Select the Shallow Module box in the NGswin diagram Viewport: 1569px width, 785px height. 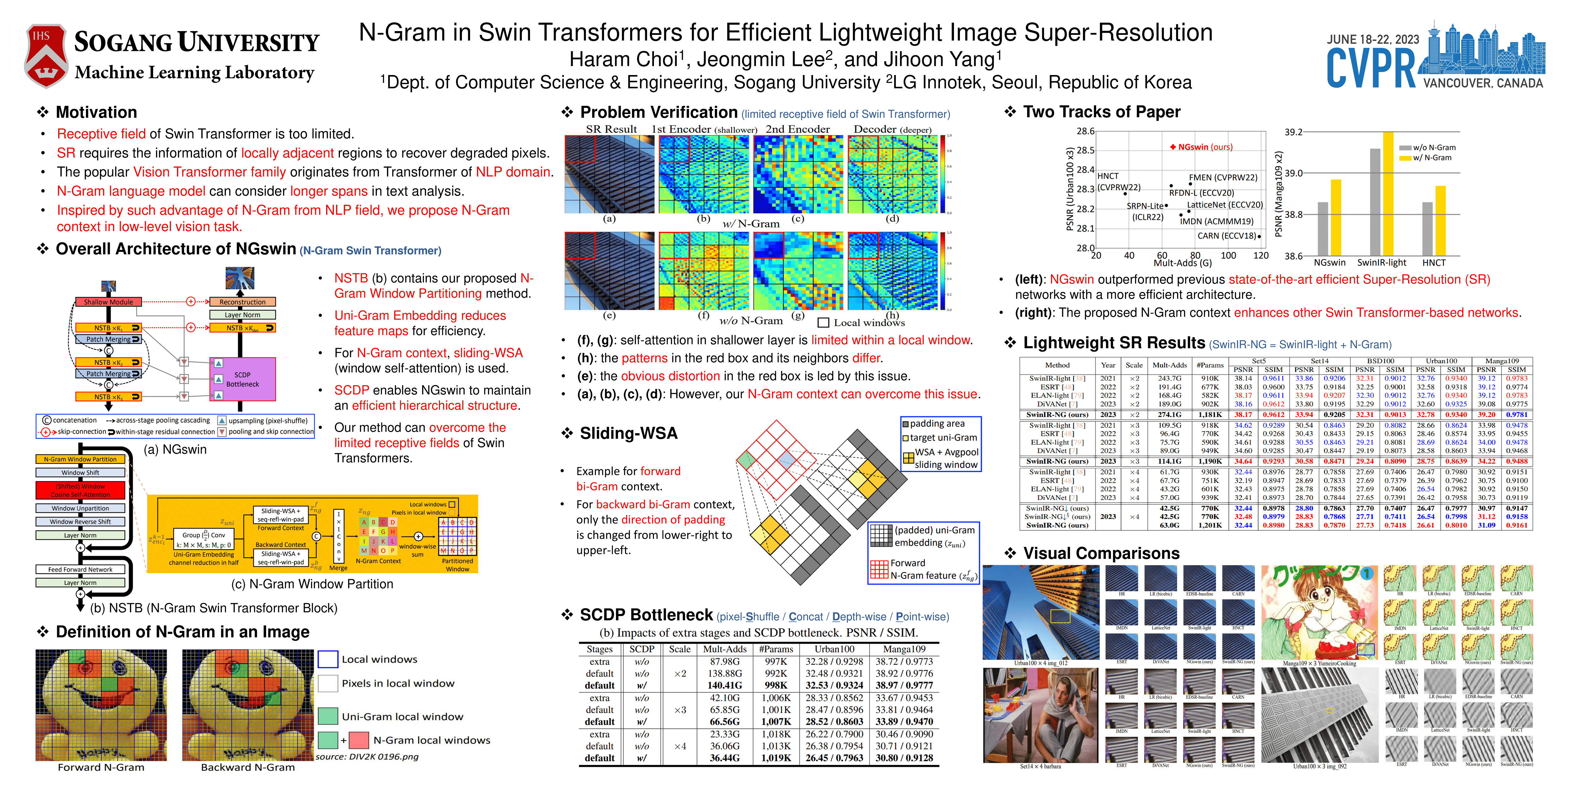coord(108,302)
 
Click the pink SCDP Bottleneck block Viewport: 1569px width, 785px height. coord(243,379)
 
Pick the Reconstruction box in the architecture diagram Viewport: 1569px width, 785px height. coord(243,302)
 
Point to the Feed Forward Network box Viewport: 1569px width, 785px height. coord(80,569)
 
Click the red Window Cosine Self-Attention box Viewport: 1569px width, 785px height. coord(80,490)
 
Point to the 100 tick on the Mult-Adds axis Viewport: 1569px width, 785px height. coord(1228,255)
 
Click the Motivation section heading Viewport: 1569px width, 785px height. coord(96,112)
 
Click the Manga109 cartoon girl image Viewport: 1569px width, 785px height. coord(1319,613)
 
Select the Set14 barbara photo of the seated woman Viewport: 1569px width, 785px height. coord(1040,715)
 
